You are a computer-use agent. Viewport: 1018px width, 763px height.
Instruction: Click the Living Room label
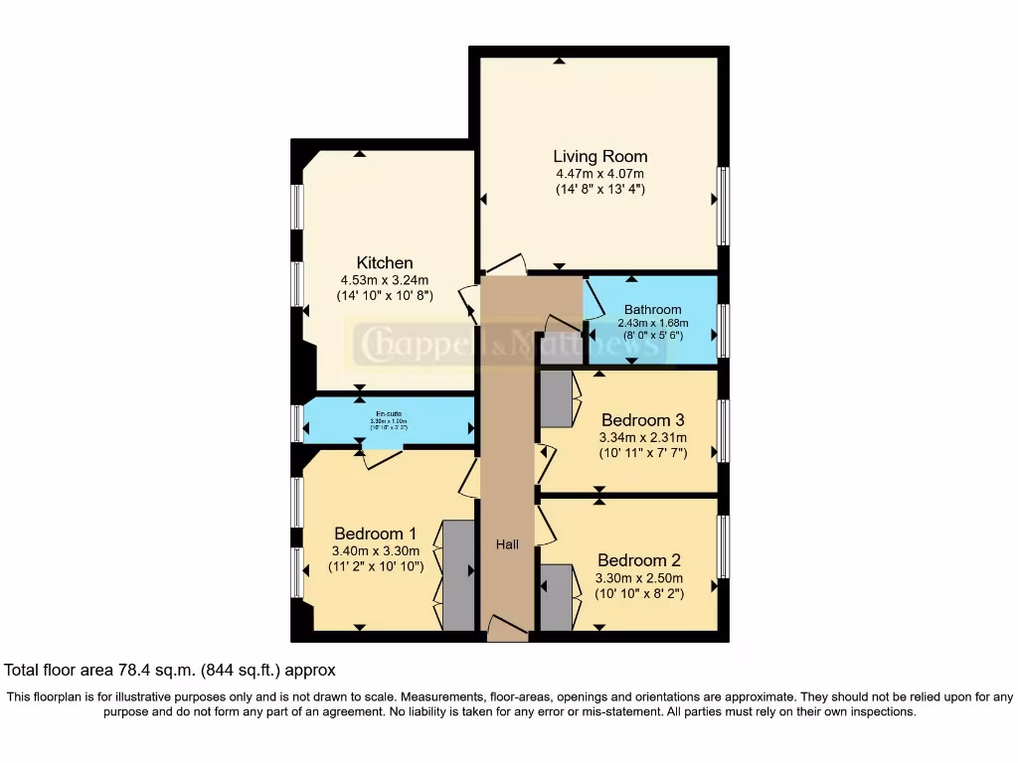599,156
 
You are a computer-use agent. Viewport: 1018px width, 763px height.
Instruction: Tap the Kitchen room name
385,262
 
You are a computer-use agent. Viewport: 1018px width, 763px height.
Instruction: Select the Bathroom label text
652,309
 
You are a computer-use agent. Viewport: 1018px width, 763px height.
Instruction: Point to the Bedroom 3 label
642,419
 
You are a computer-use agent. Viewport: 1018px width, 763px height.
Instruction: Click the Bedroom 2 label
638,559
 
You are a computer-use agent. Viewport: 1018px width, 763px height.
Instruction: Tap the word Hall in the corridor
507,544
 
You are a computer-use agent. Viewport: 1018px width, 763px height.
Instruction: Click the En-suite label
390,413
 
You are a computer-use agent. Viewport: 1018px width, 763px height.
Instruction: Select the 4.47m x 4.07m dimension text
599,174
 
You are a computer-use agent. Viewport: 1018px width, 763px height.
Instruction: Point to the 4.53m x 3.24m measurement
385,279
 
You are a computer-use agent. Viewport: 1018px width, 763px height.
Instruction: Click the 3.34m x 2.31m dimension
642,437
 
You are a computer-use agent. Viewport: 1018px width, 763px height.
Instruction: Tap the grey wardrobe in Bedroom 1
458,575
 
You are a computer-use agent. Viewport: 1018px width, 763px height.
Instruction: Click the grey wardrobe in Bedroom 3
556,398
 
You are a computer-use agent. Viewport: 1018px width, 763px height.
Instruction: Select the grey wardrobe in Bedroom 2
557,596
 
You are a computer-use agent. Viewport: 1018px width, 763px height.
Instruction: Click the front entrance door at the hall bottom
507,628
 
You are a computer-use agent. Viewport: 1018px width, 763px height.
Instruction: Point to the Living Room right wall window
723,206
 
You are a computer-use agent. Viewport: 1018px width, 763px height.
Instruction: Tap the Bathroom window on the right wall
723,331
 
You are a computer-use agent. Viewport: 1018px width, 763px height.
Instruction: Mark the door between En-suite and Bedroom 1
383,457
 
